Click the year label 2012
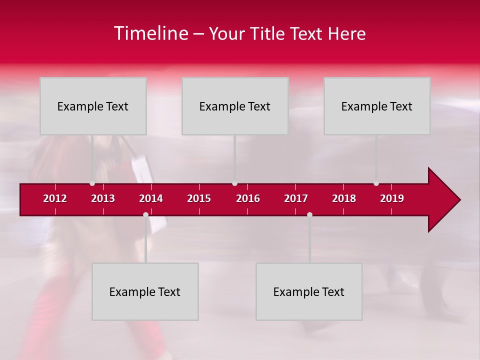pos(55,198)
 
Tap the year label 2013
pos(103,198)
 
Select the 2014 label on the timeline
pos(151,198)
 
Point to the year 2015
pos(199,198)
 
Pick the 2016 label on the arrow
pos(248,198)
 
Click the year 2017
pos(296,198)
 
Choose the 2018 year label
pos(344,198)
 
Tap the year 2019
pos(392,198)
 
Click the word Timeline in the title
pos(150,33)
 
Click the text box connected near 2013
pos(93,106)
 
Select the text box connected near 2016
pos(235,106)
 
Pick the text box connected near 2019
pos(377,106)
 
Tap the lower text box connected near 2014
pos(145,291)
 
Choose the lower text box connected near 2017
pos(309,291)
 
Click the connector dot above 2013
pos(92,183)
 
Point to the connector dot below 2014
pos(145,215)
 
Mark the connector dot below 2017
pos(309,215)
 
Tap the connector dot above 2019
pos(376,183)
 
